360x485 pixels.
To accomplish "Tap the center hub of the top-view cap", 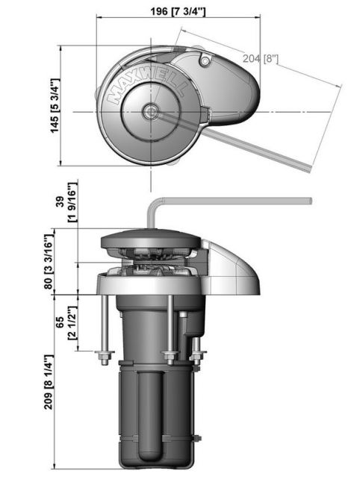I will coord(152,112).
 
